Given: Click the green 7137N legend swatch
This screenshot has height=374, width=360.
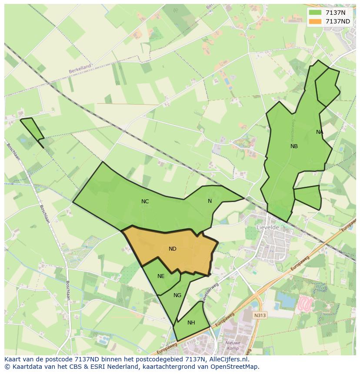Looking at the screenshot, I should pos(315,13).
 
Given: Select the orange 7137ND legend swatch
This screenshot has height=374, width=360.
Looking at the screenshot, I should pos(315,21).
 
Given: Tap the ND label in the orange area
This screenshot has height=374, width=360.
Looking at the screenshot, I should pos(173,249).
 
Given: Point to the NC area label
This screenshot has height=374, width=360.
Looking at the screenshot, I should pos(145,202).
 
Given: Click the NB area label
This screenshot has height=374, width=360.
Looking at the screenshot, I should pos(294,146).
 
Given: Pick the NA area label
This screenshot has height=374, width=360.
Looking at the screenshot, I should pos(320,132).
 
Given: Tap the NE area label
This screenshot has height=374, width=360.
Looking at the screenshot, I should pos(161,276).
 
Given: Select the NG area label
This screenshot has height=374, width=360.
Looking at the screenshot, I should pos(177,295).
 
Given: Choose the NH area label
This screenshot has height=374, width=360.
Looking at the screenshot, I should pos(191,323).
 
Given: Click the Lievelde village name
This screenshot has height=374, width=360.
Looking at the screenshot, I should pos(268,227).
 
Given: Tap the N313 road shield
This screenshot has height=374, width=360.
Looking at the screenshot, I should pos(260,315).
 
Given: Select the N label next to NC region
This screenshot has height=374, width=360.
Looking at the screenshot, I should pos(210,201).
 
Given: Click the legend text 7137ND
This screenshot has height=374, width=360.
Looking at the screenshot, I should pos(338,21).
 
